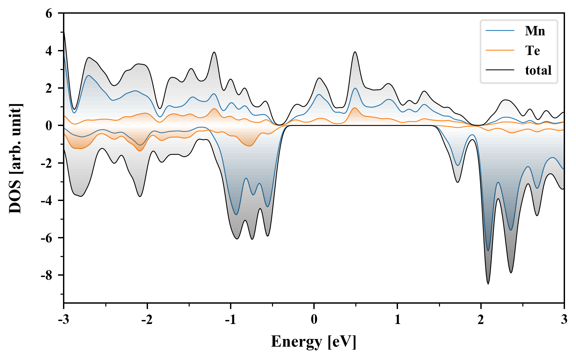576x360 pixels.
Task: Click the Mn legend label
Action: point(535,31)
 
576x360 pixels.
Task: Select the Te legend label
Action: point(532,51)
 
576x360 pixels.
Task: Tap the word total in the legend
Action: point(538,70)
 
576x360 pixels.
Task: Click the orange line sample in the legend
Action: point(500,50)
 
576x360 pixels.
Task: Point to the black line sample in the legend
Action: point(500,70)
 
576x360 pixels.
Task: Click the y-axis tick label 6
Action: point(49,14)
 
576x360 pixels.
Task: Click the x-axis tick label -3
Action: point(63,320)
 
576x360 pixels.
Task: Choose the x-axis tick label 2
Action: point(481,320)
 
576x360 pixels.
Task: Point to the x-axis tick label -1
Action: point(230,320)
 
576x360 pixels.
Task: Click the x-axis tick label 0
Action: point(314,320)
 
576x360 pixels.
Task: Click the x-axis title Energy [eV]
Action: point(314,342)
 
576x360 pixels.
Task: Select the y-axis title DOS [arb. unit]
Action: point(15,158)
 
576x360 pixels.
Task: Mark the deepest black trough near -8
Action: point(488,283)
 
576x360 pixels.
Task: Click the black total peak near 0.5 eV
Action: point(355,52)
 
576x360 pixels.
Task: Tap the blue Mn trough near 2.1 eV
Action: point(488,250)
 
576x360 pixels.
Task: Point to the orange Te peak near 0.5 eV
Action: point(355,108)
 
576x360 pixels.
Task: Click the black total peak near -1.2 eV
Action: point(214,52)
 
